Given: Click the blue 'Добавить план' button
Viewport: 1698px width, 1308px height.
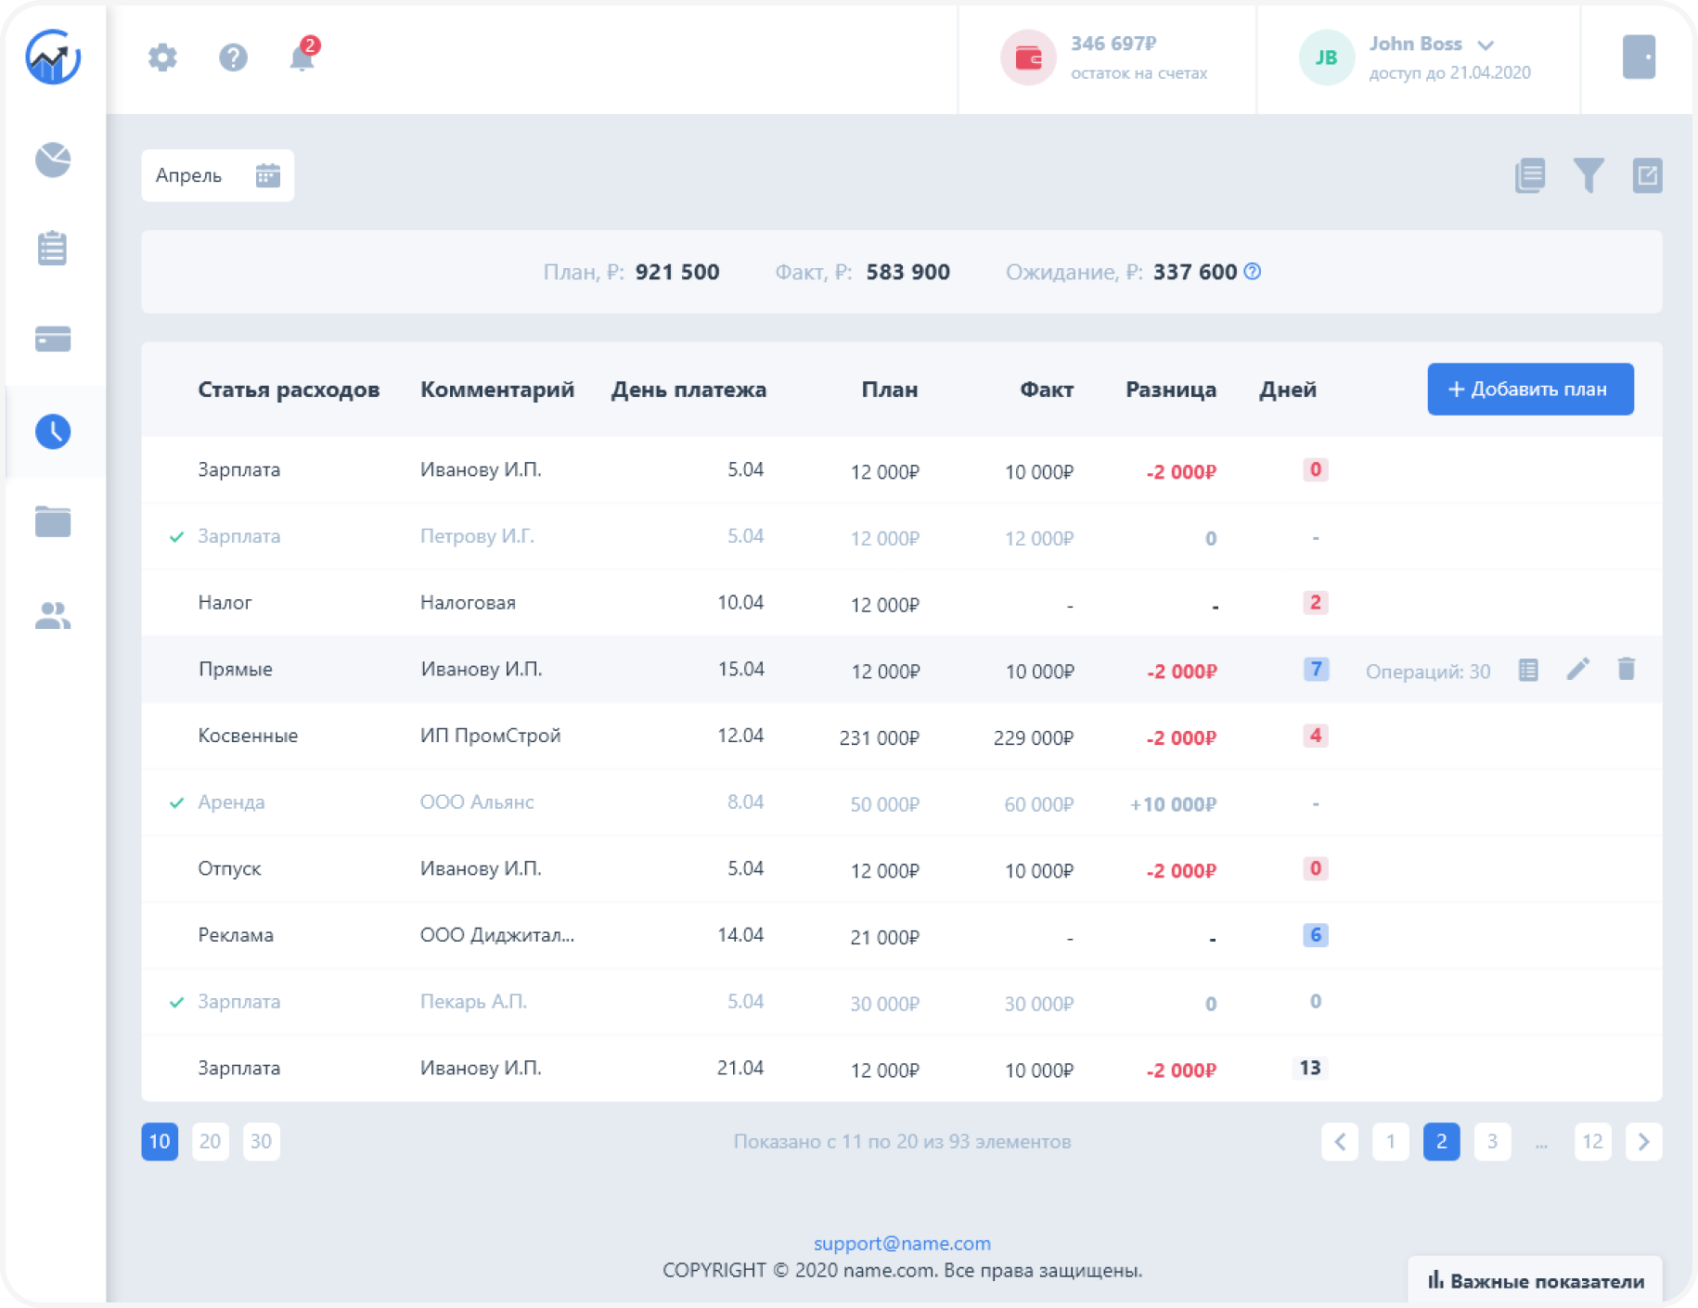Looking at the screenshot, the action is (1530, 389).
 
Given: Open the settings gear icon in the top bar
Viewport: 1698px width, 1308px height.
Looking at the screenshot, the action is (162, 58).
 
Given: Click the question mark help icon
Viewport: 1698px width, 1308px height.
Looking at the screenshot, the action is (233, 58).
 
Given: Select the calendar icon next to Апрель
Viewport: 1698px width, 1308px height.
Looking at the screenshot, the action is (268, 175).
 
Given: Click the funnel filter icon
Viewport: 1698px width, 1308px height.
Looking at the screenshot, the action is (1589, 175).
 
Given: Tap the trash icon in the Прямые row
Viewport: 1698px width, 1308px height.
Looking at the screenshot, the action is (1626, 669).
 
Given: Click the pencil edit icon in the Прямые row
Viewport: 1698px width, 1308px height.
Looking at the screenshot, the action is (1577, 669).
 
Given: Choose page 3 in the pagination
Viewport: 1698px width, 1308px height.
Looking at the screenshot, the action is (1492, 1141).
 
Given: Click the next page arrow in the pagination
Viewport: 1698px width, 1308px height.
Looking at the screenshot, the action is (1643, 1141).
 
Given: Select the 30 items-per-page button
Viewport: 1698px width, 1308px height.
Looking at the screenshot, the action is (261, 1141).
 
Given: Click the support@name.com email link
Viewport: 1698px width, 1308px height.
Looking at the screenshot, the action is (902, 1243).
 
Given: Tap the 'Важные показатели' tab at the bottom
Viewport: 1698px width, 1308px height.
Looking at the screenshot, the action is (1536, 1281).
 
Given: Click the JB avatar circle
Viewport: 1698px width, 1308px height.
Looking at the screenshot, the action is (1327, 58).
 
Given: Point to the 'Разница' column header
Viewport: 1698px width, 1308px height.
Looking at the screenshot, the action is (1171, 390).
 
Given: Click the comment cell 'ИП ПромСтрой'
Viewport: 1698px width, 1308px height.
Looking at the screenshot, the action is (490, 736).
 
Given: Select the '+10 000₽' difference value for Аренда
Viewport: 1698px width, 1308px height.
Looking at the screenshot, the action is (1173, 804).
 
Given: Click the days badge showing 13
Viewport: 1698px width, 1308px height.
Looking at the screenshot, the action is (1310, 1068).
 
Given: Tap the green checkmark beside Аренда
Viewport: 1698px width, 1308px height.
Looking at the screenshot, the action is (176, 802).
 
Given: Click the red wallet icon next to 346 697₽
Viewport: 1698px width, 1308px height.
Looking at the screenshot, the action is (1028, 58).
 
